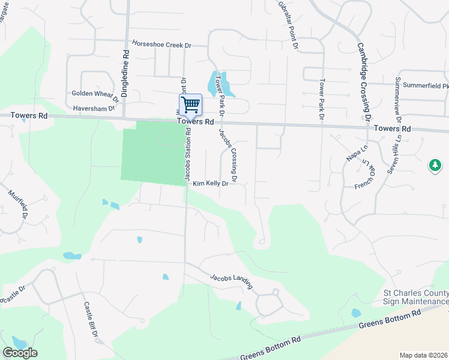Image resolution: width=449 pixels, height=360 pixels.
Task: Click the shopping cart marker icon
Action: tap(190, 104)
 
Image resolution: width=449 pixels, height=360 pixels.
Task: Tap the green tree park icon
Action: tap(435, 164)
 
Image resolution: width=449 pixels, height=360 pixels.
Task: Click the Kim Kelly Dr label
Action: tap(211, 184)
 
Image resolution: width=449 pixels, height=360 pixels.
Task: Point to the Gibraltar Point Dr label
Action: tap(288, 24)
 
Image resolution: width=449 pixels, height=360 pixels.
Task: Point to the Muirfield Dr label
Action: tap(19, 205)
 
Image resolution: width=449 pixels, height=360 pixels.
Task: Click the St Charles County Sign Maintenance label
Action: tap(415, 297)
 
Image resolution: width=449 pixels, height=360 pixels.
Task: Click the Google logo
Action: tap(20, 352)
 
